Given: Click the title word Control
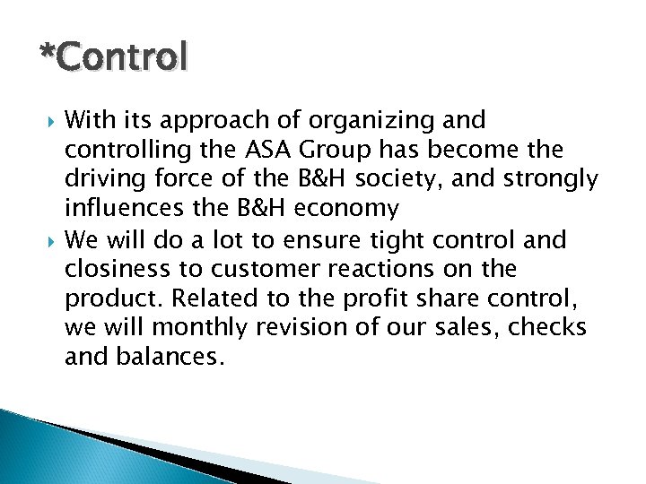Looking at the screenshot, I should [x=121, y=57].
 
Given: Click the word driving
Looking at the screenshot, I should [x=100, y=180].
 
